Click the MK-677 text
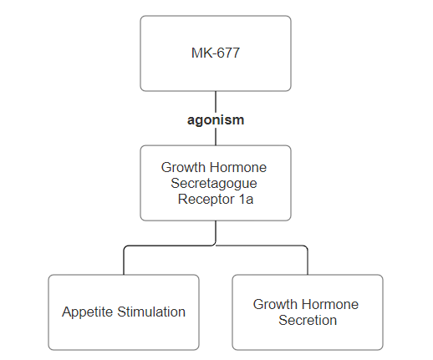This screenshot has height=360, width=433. [x=216, y=53]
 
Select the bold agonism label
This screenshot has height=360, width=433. [x=216, y=120]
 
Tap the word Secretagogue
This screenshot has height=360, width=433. [x=214, y=184]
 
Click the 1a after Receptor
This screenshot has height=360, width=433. [x=246, y=200]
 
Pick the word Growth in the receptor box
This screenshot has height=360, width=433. [x=183, y=167]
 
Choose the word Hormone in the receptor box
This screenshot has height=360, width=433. [x=238, y=167]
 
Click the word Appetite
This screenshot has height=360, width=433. [x=88, y=312]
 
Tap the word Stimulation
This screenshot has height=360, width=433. [x=151, y=312]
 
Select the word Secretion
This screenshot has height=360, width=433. [x=308, y=320]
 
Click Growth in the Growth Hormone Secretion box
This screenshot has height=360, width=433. [x=275, y=304]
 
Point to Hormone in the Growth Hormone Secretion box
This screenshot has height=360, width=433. [x=330, y=304]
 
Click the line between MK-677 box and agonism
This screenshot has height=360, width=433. [x=216, y=102]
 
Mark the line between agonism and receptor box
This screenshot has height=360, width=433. [x=216, y=136]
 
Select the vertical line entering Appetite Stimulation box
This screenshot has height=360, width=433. [x=124, y=261]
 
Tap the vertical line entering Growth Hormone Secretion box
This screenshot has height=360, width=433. [x=308, y=261]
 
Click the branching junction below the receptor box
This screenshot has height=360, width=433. [x=216, y=246]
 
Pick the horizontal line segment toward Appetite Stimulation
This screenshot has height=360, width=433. [x=169, y=246]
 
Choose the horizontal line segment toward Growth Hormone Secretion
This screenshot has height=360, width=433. [x=261, y=246]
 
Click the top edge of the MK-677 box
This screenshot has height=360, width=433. [x=216, y=16]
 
